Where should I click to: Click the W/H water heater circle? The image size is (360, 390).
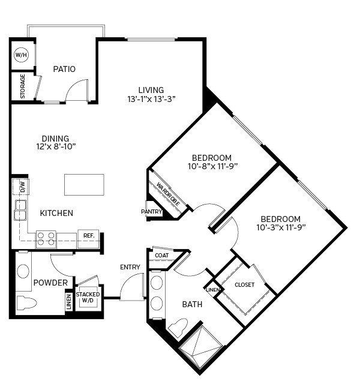point(22,55)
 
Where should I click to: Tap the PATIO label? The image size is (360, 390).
point(64,69)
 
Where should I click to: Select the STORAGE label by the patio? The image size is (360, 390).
point(23,86)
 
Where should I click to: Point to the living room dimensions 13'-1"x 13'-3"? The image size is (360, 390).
point(151,99)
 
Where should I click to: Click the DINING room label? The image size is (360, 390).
point(56,139)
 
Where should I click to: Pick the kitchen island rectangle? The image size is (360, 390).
point(85,185)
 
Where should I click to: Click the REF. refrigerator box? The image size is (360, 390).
point(88,236)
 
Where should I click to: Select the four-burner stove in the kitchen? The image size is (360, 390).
point(46,239)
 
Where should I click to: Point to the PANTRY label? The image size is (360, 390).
point(152,212)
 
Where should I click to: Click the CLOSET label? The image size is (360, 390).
point(244,284)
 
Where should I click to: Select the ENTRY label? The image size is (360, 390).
point(130,267)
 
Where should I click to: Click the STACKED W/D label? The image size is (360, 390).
point(88,294)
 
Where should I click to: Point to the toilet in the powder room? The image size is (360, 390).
point(25,302)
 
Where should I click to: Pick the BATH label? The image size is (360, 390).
point(193,305)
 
